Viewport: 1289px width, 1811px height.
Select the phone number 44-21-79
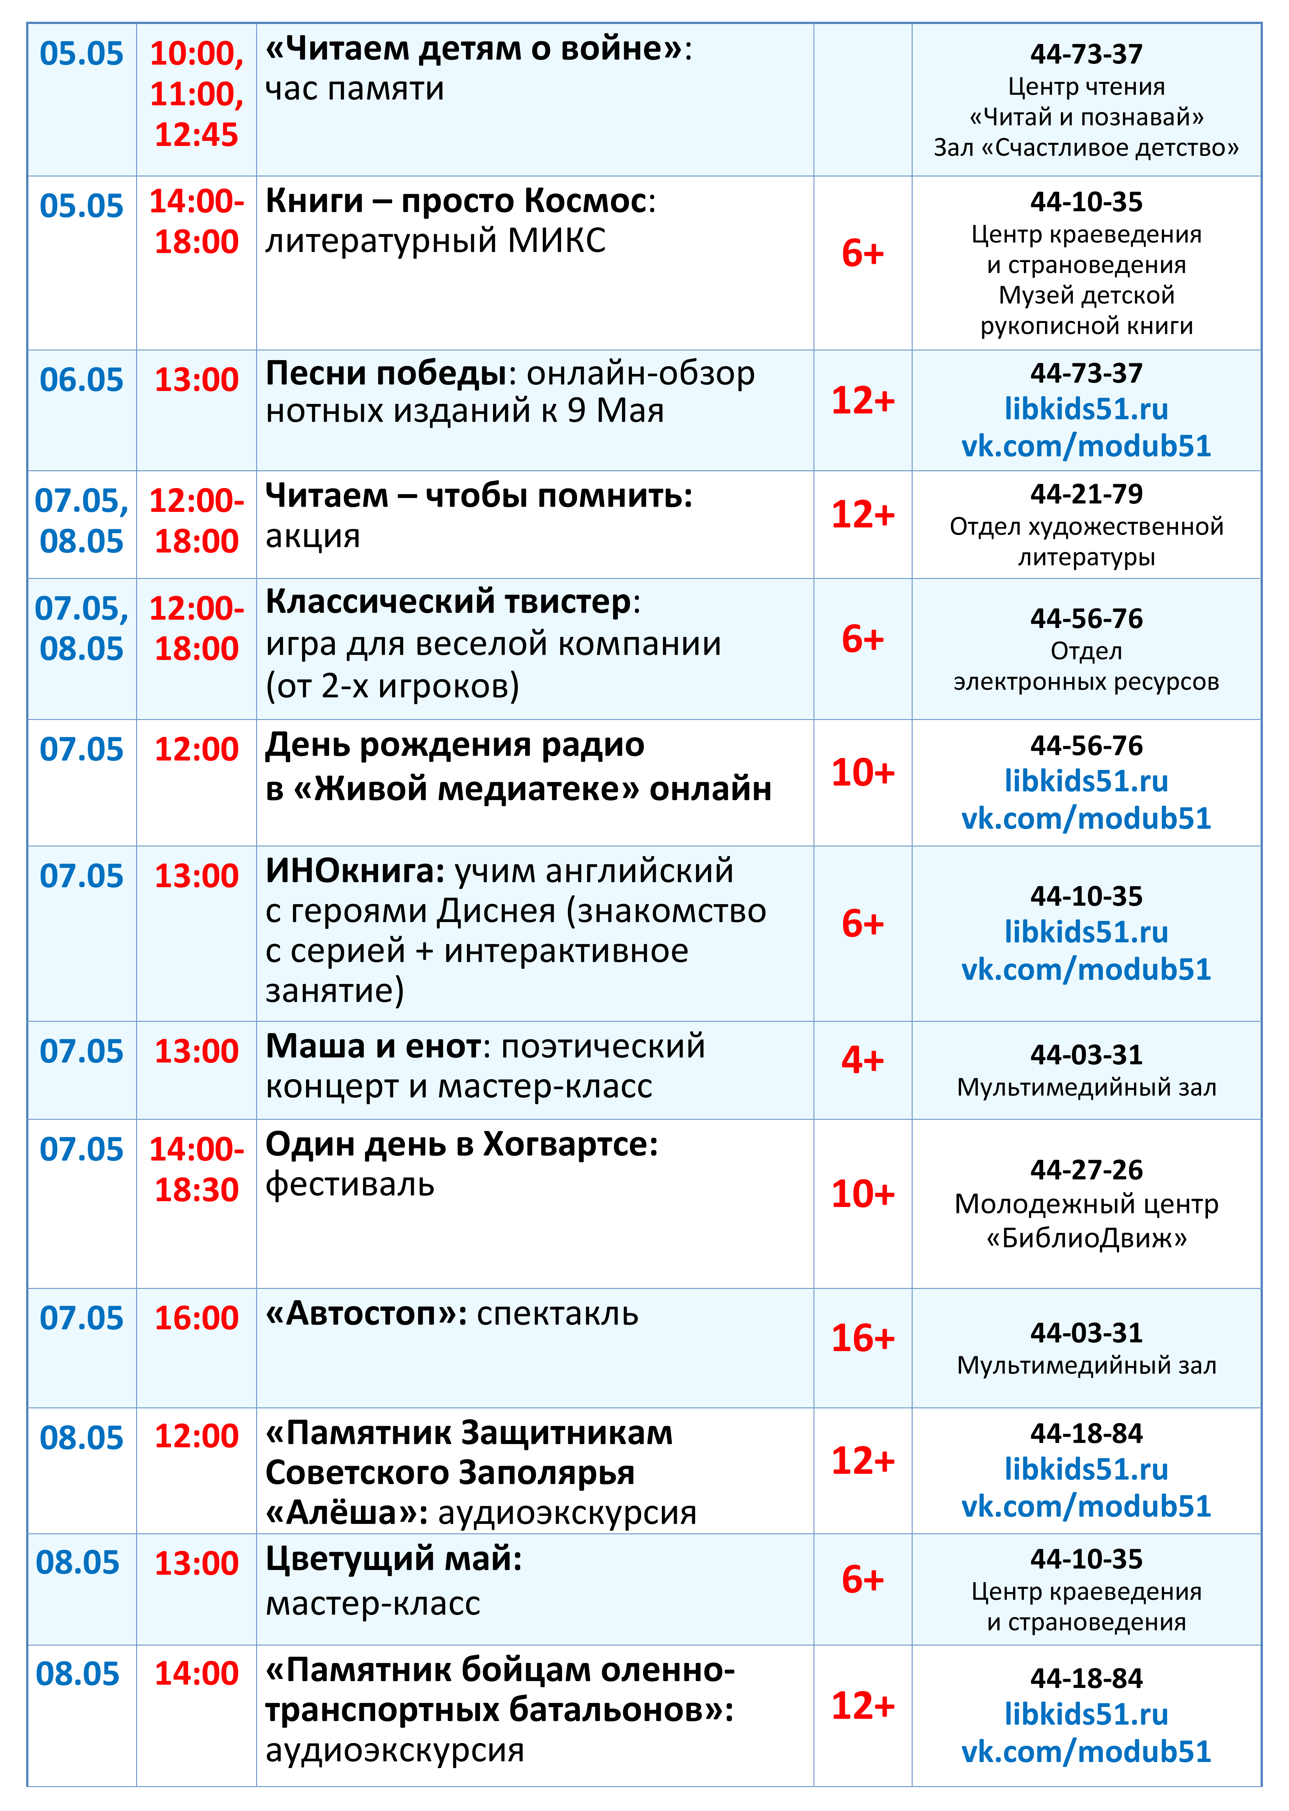pos(1086,494)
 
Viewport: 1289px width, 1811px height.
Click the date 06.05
pos(82,380)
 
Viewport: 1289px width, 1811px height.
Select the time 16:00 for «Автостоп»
pos(196,1318)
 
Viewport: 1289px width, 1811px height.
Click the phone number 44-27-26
pos(1086,1170)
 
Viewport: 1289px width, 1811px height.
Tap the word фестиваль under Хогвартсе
pos(350,1185)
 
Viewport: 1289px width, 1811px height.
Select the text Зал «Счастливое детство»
pos(1086,148)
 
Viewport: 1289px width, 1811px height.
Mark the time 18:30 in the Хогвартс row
pos(196,1190)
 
